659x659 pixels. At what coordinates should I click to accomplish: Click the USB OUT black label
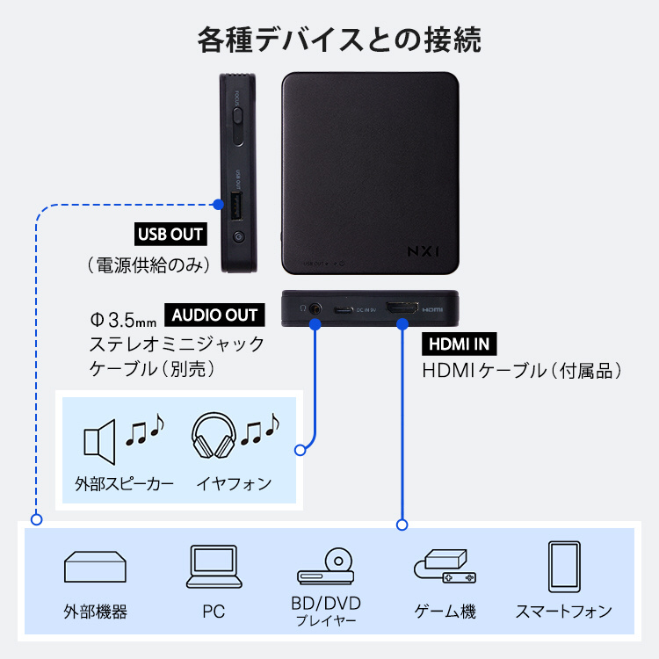(x=170, y=235)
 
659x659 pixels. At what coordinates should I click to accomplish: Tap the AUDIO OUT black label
(x=214, y=315)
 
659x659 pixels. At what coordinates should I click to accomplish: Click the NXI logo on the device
(x=422, y=250)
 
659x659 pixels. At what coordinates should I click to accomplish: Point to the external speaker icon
(x=99, y=438)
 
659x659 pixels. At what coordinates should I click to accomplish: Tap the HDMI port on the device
(x=402, y=309)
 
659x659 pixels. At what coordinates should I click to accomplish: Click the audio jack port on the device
(x=315, y=310)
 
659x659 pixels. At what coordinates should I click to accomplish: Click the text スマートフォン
(x=563, y=612)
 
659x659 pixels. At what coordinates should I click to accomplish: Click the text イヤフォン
(x=233, y=483)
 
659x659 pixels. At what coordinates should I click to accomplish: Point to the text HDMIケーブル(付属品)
(x=522, y=371)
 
